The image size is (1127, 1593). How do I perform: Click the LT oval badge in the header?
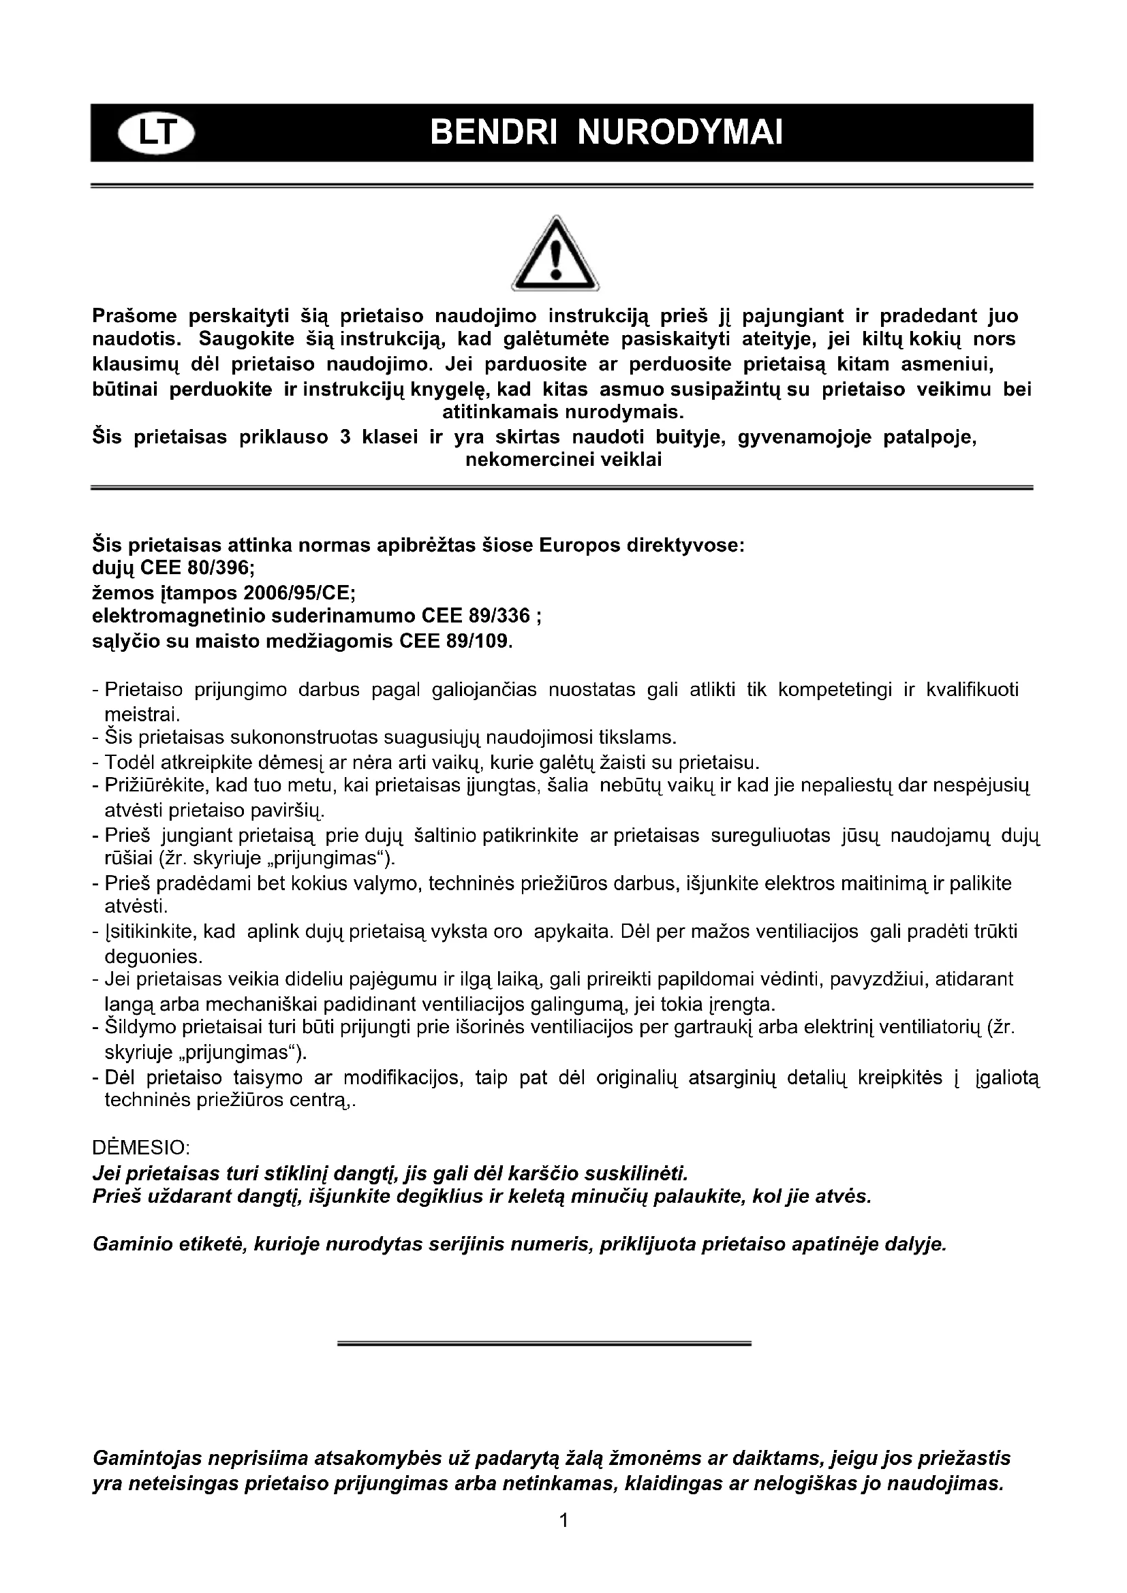[157, 133]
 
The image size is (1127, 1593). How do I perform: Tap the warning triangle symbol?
[555, 254]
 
